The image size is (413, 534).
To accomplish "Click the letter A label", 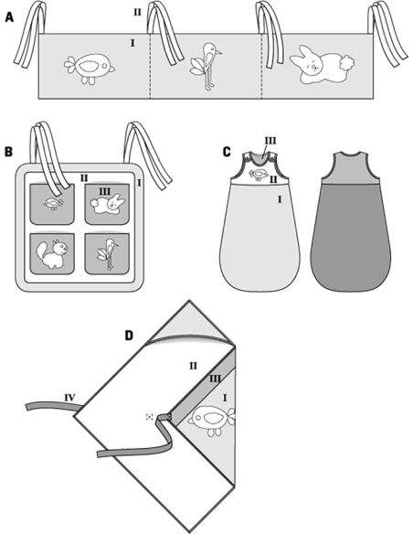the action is [x=9, y=17].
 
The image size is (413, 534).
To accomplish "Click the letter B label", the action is [x=8, y=152].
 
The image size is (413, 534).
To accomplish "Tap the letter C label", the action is [x=227, y=152].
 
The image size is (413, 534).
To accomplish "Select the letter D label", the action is [x=129, y=336].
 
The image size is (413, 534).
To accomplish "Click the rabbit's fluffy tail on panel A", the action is [x=346, y=63].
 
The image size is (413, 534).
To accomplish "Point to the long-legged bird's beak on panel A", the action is [x=217, y=52].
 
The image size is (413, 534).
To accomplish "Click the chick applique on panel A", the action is [x=90, y=68].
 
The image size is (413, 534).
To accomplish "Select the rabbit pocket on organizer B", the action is [x=107, y=204].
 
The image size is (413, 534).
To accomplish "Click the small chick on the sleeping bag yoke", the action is [x=258, y=175].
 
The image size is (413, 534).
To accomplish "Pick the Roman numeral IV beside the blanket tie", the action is [x=69, y=397].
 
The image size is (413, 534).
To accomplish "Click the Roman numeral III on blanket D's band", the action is [x=214, y=379].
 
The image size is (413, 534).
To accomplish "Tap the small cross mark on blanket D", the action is [x=149, y=417].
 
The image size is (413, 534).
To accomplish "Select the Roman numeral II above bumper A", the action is [x=137, y=13].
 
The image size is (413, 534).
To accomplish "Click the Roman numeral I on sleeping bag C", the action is [x=280, y=199].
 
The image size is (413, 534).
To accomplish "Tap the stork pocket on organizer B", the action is [x=107, y=253].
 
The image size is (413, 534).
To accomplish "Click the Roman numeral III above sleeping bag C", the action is [x=270, y=141].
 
